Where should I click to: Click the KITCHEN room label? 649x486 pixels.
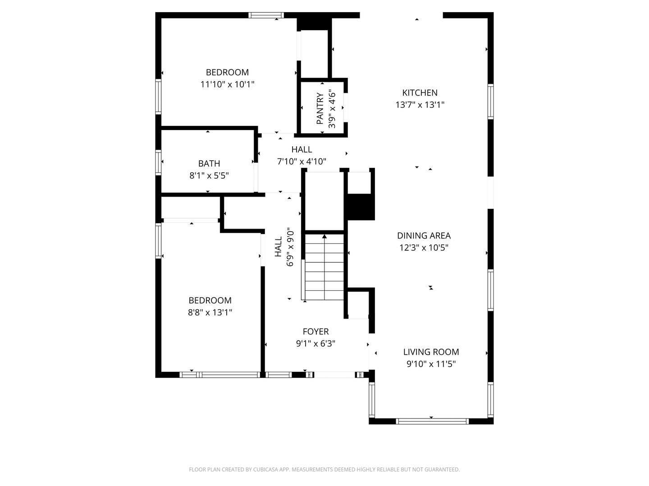pos(420,93)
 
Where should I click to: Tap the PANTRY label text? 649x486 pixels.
pos(320,108)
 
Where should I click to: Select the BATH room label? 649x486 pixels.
pos(209,163)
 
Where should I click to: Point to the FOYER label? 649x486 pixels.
pos(315,331)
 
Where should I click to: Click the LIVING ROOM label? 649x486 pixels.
pos(431,352)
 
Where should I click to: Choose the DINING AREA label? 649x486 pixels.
pos(424,235)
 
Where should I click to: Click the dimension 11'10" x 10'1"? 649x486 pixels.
pos(227,85)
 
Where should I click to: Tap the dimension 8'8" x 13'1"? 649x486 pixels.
pos(210,312)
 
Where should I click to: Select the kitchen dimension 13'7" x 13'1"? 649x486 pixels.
pos(420,105)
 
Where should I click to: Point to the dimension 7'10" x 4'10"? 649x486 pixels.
pos(302,162)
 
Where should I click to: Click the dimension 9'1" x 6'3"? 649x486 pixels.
pos(315,343)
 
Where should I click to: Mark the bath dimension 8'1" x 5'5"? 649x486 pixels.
pos(209,175)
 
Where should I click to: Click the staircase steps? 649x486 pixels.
pos(324,267)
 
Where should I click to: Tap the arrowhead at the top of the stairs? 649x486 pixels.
pos(324,236)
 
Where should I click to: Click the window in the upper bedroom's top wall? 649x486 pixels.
pos(266,15)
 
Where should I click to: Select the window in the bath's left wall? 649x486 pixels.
pos(159,162)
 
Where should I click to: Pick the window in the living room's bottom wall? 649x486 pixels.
pos(432,421)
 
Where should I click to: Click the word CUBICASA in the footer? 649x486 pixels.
pos(265,469)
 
